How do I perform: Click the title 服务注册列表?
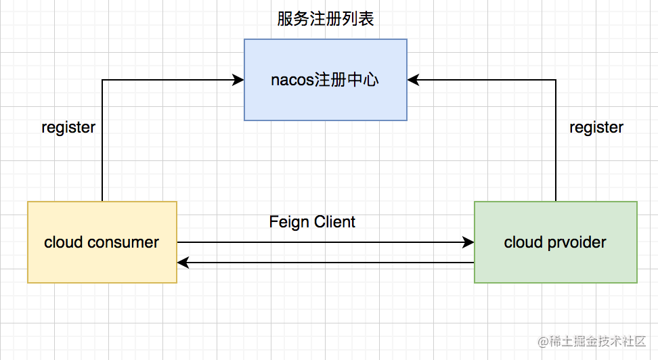tap(326, 19)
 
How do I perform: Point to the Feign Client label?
tap(312, 222)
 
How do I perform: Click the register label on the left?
tap(68, 127)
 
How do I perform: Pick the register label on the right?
tap(596, 127)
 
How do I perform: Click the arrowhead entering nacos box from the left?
tap(238, 80)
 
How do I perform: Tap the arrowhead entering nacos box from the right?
tap(414, 80)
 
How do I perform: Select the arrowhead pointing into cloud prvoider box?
tap(468, 242)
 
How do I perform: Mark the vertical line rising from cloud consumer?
tap(102, 142)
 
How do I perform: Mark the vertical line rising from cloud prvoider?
tap(556, 142)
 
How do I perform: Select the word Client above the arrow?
tap(334, 222)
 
